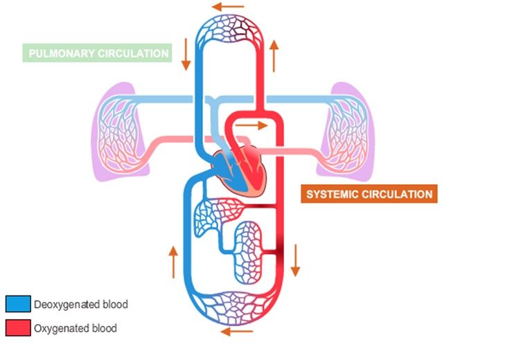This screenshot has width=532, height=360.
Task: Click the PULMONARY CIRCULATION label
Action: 96,53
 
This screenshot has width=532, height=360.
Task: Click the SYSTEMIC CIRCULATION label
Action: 369,194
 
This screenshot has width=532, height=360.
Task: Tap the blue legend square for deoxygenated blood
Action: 18,304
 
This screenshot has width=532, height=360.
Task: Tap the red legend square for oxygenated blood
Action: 18,327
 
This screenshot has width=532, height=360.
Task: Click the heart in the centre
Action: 239,170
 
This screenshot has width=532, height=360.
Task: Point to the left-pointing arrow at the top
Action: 229,7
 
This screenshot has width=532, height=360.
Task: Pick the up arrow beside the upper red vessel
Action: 275,55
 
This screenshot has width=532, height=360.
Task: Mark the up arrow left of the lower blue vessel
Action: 172,261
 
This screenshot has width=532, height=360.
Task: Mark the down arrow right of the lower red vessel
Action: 295,260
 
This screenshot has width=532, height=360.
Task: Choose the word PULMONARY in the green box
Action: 61,53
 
